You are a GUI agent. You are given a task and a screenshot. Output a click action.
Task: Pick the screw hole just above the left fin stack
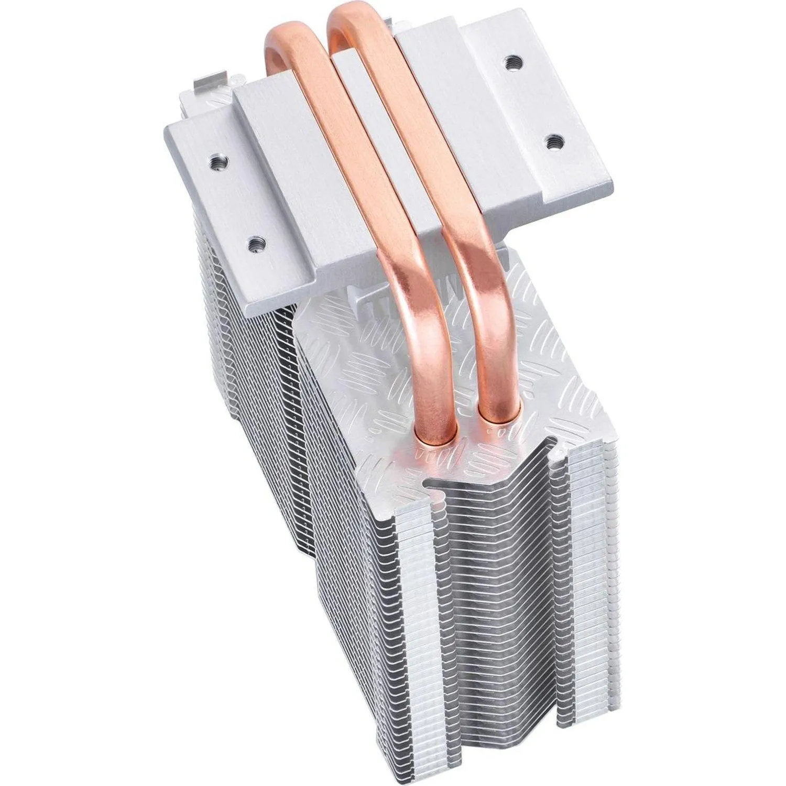pyautogui.click(x=256, y=242)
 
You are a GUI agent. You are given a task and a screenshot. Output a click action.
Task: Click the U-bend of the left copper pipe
pyautogui.click(x=286, y=39)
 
